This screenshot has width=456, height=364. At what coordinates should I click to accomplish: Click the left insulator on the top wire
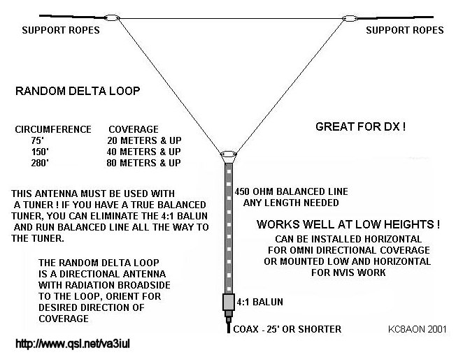coord(111,16)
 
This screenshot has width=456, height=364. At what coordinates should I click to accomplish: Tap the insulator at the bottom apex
coord(227,155)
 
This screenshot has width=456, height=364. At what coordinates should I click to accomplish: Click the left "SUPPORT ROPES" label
coord(60,31)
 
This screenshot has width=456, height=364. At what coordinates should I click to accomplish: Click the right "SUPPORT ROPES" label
coord(405,31)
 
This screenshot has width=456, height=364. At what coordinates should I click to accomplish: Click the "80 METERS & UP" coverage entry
coord(145,163)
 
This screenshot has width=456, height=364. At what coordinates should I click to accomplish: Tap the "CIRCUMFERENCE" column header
coord(53,129)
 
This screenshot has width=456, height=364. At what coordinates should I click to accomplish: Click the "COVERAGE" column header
coord(134,129)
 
